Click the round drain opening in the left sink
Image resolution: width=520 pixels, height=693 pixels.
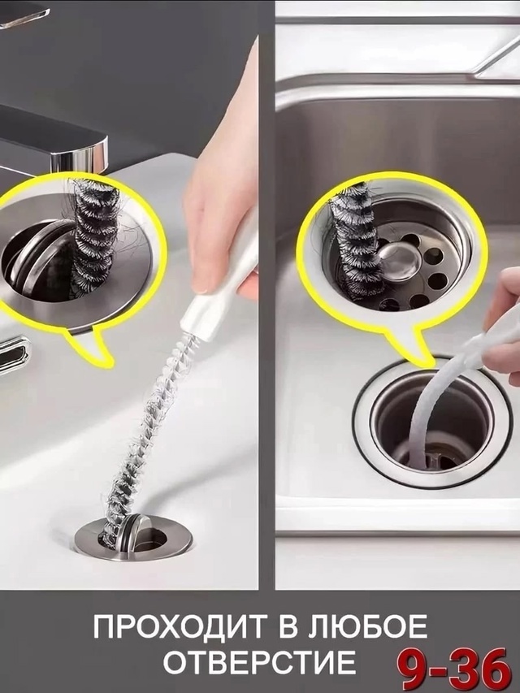click(132, 537)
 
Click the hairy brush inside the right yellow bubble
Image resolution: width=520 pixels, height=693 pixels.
click(353, 239)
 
